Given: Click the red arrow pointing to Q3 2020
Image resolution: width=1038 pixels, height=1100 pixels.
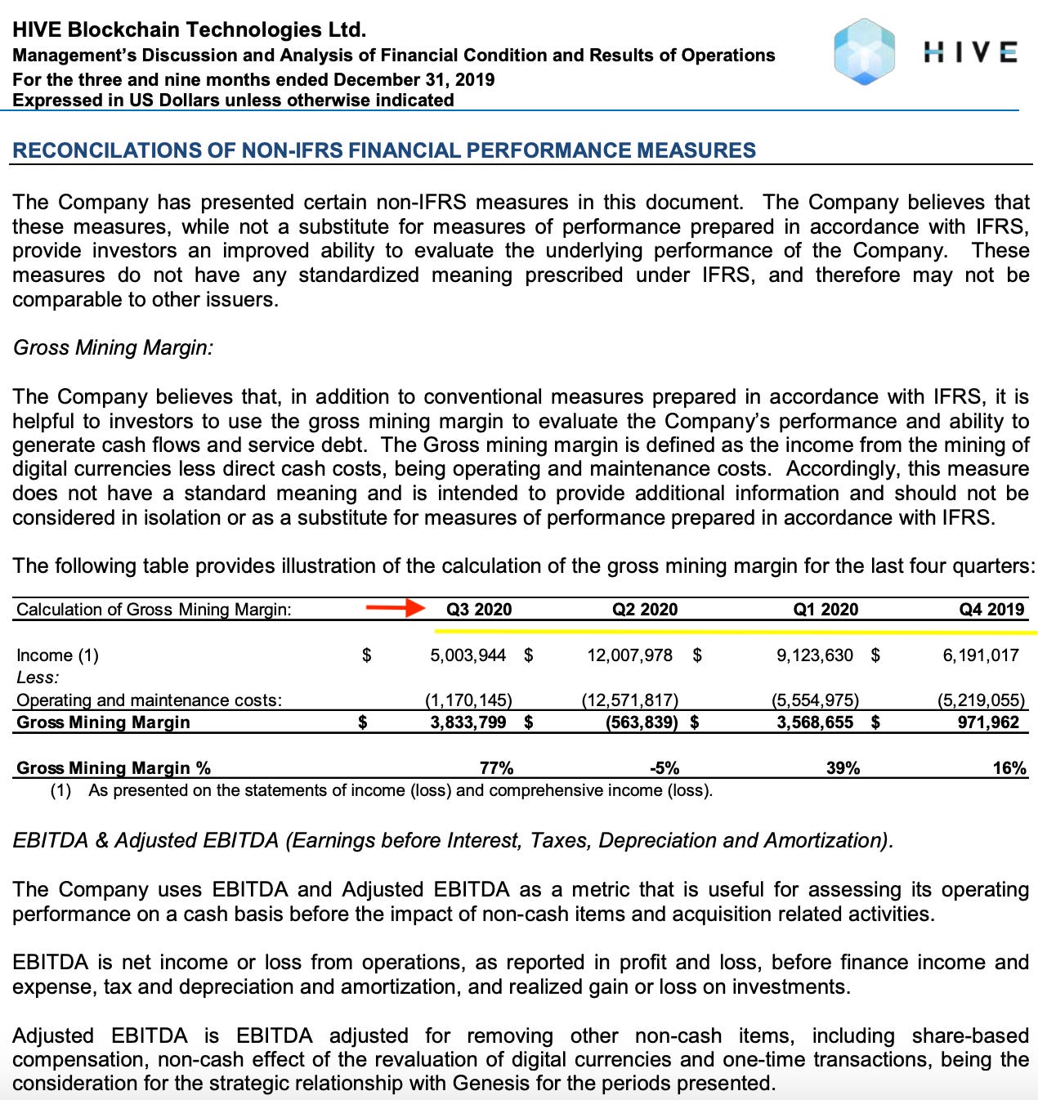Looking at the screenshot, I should point(395,608).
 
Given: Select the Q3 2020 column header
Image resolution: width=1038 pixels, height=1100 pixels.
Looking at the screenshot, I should point(479,610).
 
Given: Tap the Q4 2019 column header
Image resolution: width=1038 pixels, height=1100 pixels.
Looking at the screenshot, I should point(991,610).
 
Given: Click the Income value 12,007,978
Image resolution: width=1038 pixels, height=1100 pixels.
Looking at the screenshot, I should point(629,655).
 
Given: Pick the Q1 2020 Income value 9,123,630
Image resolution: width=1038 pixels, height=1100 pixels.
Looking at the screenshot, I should point(814,655).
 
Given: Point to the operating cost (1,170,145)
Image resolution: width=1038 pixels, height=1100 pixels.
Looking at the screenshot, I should point(468,700).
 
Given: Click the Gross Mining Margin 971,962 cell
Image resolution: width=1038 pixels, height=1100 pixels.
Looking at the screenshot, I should point(988,722).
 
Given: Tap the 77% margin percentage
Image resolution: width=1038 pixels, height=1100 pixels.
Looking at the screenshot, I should point(496,768).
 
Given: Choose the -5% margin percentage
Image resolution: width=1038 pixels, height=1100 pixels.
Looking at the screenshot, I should point(664,768).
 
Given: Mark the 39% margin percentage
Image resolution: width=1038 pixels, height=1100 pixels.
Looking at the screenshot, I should point(843,768).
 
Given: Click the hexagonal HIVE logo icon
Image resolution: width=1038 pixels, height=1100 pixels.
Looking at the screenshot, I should point(864,52).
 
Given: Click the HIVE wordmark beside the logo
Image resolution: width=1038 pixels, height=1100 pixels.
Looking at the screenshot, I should point(970,52).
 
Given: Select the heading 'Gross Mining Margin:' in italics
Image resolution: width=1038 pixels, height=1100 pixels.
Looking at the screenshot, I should point(113,348).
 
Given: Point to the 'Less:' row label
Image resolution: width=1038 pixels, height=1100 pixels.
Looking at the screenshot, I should point(38,677).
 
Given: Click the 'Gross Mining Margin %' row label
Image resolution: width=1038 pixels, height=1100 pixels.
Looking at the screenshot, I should point(114,768).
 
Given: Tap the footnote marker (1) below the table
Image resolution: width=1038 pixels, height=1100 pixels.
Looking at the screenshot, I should point(60,791).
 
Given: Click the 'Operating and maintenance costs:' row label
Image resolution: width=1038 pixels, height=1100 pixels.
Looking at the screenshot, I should point(149,700).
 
